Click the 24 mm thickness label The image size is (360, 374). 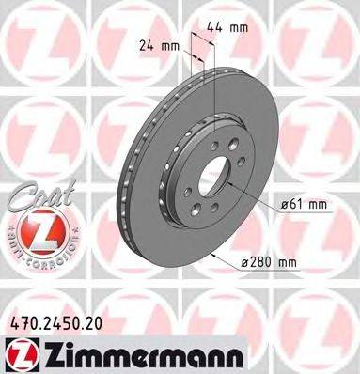click(157, 44)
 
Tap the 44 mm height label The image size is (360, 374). click(233, 28)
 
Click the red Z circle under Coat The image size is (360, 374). click(39, 229)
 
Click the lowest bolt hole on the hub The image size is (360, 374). click(213, 216)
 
